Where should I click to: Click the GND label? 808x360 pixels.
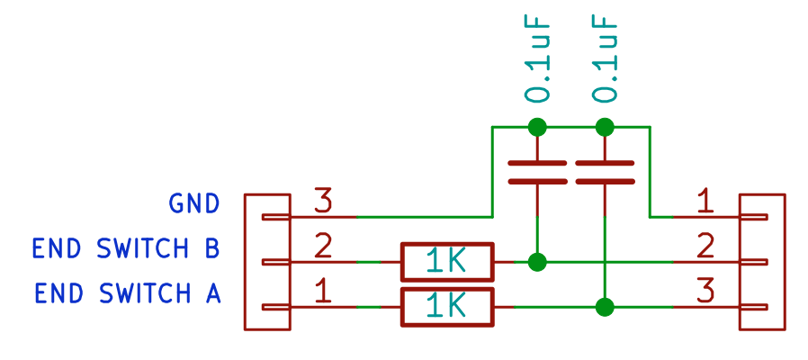pos(194,204)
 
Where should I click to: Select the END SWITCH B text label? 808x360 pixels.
pos(126,249)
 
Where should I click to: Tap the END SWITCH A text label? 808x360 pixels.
pos(127,294)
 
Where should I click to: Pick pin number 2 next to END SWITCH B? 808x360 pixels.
pos(323,247)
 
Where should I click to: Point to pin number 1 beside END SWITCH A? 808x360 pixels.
pos(323,292)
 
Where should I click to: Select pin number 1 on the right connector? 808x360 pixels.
pos(706,202)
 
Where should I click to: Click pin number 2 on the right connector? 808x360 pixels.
pos(706,247)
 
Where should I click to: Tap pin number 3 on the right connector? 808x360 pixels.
pos(706,292)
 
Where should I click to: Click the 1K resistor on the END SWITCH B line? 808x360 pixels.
pos(447,262)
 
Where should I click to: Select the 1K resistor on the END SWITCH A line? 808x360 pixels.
pos(447,308)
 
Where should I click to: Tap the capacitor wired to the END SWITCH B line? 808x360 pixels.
pos(537,172)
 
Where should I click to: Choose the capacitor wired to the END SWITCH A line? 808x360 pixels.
pos(605,172)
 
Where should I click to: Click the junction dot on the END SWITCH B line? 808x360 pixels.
pos(537,262)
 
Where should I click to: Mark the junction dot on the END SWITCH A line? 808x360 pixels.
pos(605,307)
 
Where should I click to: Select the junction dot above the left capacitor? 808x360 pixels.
pos(537,127)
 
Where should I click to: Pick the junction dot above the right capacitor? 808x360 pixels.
pos(605,127)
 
